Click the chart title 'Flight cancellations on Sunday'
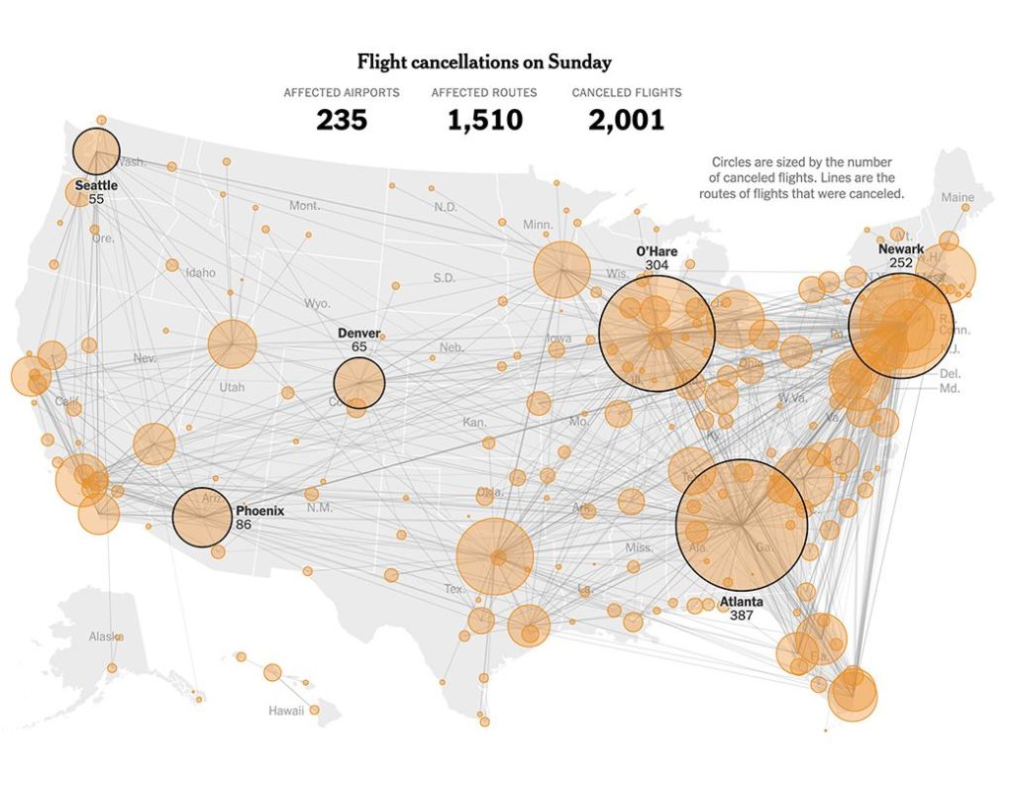484,62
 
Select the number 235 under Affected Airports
342,121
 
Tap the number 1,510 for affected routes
484,121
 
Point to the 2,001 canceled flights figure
626,121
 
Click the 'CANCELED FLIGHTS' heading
626,93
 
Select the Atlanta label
741,602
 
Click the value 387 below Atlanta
742,616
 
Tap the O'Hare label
657,251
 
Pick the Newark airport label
900,249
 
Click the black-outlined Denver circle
359,383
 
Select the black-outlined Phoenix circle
202,518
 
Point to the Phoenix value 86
244,525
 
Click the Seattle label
96,185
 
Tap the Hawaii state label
286,711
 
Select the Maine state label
958,197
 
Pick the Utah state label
232,387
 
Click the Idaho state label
200,272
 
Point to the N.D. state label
446,207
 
